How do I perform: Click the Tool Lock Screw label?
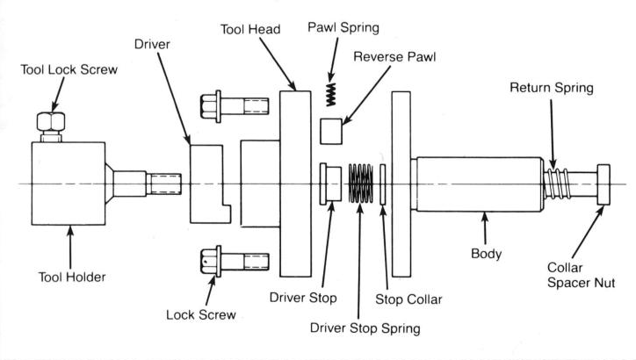coord(69,69)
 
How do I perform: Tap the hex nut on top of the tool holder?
coord(51,121)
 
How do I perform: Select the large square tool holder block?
coord(69,184)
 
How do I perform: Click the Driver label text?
coord(152,44)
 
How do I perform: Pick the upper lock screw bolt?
coord(235,106)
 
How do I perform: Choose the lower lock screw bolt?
coord(235,262)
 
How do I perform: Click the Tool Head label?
coord(250,29)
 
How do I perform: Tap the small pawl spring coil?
coord(331,95)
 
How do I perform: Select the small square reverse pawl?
coord(331,132)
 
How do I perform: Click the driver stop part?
coord(330,184)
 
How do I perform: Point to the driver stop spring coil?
coord(360,184)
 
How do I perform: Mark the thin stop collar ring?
coord(382,184)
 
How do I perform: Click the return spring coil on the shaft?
coord(558,184)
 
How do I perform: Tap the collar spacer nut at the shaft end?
coord(603,184)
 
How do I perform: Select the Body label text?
coord(487,254)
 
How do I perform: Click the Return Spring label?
coord(552,88)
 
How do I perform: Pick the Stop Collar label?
coord(408,299)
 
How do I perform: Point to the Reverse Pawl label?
coord(394,56)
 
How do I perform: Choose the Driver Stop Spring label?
coord(365,328)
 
